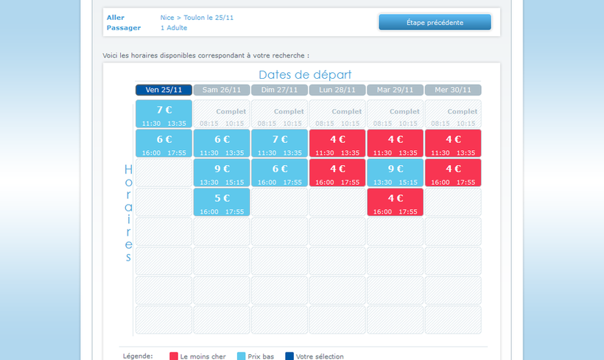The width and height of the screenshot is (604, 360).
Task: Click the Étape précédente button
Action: click(435, 22)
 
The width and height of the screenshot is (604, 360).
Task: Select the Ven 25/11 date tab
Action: click(164, 90)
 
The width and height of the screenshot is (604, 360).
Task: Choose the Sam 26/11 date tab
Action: click(221, 90)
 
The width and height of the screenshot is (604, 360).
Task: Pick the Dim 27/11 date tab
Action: click(279, 90)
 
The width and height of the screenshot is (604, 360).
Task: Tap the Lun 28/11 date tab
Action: click(337, 90)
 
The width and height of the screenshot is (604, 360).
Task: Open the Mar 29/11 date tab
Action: click(395, 90)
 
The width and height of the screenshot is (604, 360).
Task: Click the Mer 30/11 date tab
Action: click(452, 90)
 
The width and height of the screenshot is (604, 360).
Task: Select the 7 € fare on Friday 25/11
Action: click(164, 113)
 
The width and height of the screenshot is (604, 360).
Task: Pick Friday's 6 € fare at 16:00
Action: click(164, 143)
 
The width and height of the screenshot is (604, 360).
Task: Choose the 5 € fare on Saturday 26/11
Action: click(222, 202)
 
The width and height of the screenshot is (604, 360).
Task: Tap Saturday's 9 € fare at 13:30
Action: click(222, 172)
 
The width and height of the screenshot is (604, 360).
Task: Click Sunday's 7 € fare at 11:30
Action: click(279, 143)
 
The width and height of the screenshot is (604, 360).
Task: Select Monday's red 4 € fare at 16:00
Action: click(337, 172)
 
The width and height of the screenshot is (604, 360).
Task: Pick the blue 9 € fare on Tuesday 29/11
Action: click(395, 172)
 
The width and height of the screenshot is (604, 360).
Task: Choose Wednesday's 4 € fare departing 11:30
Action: click(452, 143)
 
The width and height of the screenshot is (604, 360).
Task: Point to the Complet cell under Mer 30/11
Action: click(452, 113)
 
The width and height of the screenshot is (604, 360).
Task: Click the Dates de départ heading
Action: click(305, 74)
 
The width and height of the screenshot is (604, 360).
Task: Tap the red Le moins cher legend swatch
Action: click(174, 356)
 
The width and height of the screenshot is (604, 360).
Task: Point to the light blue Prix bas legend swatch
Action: click(241, 356)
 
